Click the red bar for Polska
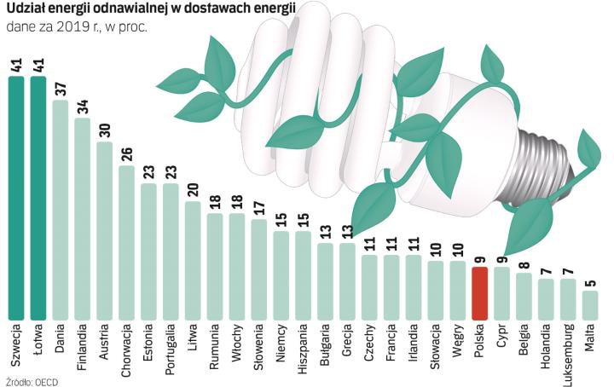coord(479,292)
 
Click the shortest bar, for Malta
coord(590,303)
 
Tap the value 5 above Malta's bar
coord(590,283)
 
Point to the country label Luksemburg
coord(568,349)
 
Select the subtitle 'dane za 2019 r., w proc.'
coord(76,27)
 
